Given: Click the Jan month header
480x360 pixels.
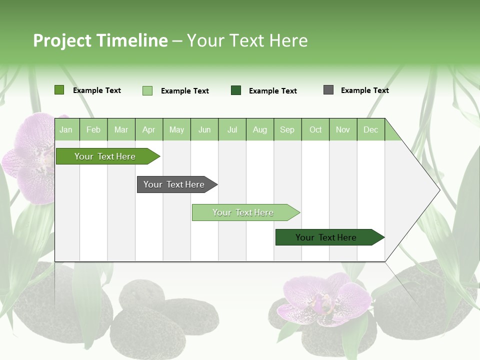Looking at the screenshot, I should pos(66,129).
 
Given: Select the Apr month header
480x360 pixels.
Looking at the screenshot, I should pos(148,129).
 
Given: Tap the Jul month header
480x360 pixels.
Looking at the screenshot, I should pos(232,129).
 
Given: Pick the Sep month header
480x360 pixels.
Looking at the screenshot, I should pos(287,129).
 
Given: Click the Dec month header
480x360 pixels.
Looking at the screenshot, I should pos(370,129).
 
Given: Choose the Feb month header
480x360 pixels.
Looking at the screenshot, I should pos(93,129).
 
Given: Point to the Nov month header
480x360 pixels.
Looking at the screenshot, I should pos(342,129).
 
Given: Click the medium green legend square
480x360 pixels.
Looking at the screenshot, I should pos(59,90).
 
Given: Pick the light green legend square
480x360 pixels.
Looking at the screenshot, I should pos(147,90).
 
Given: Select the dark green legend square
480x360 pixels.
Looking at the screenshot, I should pos(236,90).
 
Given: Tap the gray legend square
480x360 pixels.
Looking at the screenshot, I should pos(328,90).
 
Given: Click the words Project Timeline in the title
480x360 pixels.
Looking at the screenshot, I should pos(100,40).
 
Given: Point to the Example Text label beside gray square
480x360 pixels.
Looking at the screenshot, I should pos(364,90).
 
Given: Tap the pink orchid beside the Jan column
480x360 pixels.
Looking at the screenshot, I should pos(32,157).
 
